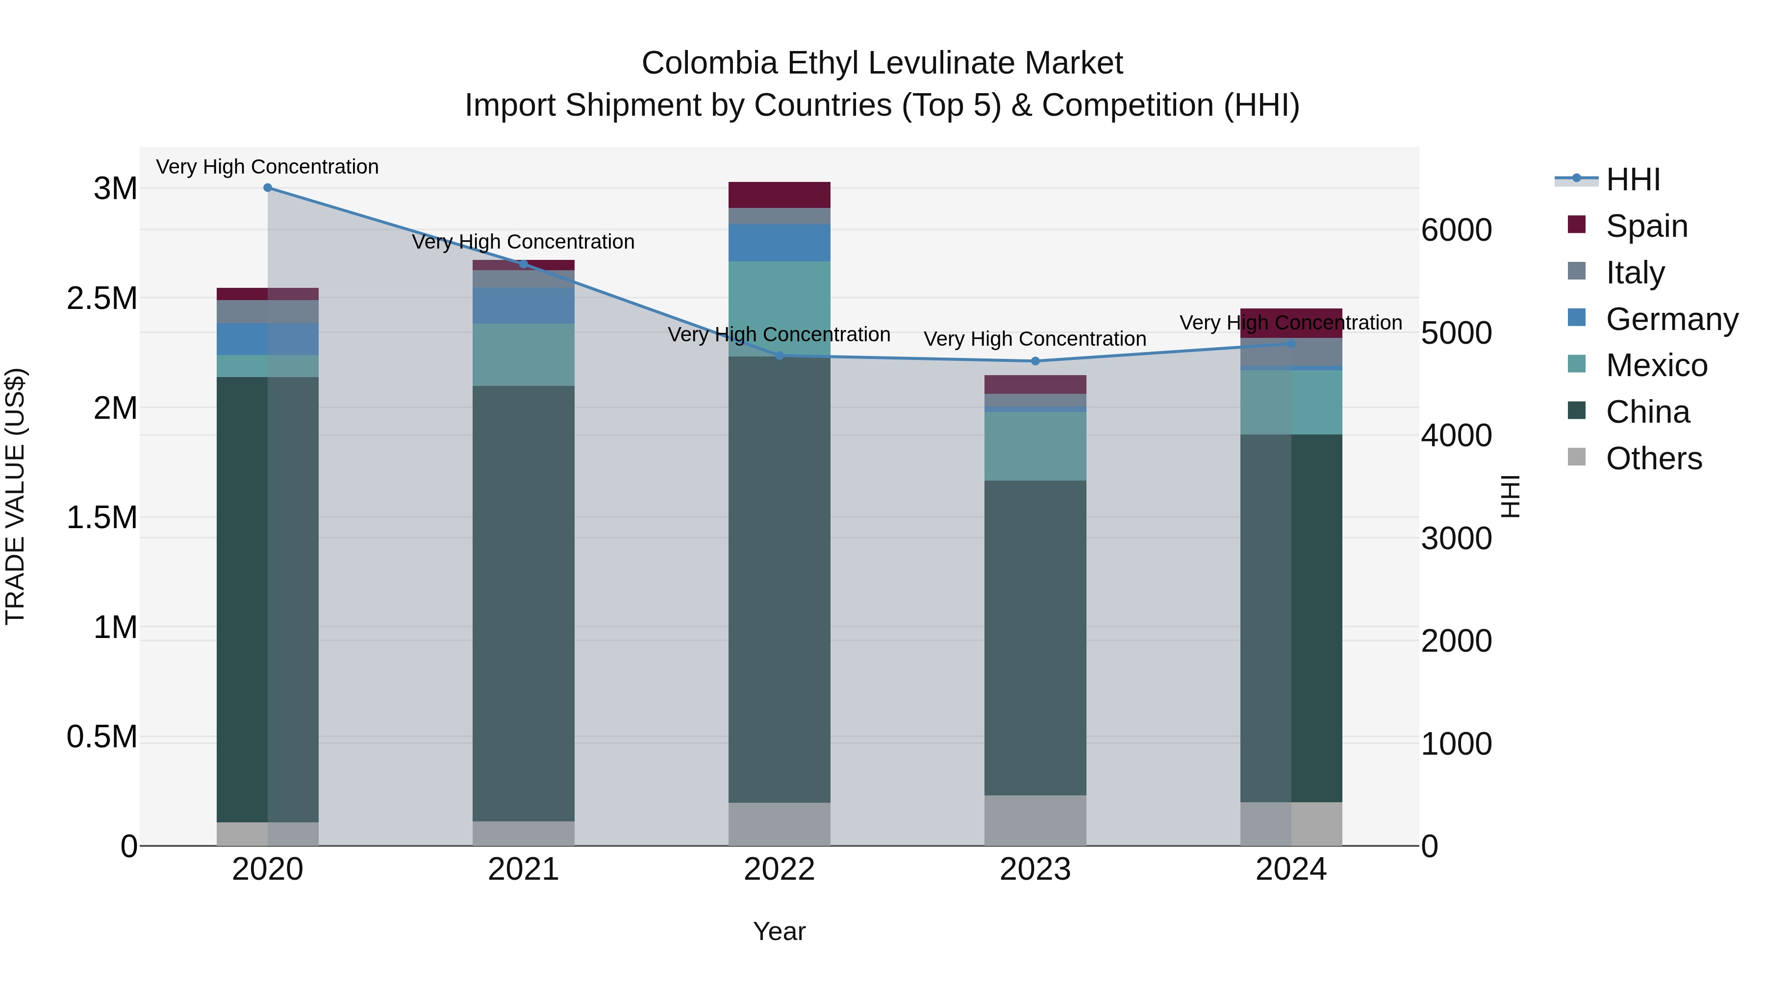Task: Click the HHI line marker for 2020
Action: coord(268,188)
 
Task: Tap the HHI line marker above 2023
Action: coord(1035,361)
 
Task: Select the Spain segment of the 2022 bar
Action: coord(779,195)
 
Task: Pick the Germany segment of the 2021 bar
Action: coord(524,306)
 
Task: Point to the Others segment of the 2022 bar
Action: coord(779,824)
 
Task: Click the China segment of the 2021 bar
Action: coord(524,603)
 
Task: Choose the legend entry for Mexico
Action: coord(1656,365)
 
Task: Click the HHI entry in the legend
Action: coord(1632,179)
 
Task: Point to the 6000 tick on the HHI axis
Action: coord(1456,230)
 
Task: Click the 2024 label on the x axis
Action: coord(1291,869)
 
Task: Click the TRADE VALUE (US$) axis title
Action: coord(15,496)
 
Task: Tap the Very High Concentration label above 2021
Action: coord(524,242)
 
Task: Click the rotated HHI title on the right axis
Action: coord(1510,496)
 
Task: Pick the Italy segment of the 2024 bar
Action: coord(1291,352)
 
